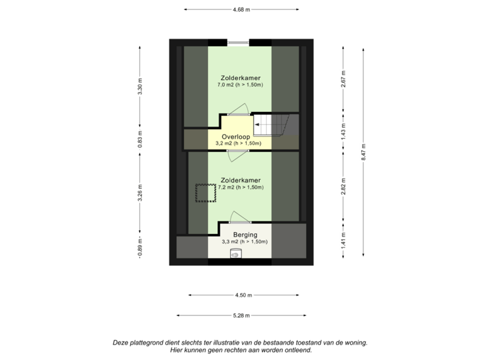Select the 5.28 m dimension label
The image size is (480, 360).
pos(241,315)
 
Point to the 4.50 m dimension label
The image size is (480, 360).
pos(241,294)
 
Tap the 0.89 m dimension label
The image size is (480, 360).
pos(140,245)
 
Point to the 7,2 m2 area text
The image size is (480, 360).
pos(241,188)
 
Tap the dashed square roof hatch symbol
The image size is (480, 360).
pos(203,193)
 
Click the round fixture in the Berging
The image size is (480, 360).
pos(235,253)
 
